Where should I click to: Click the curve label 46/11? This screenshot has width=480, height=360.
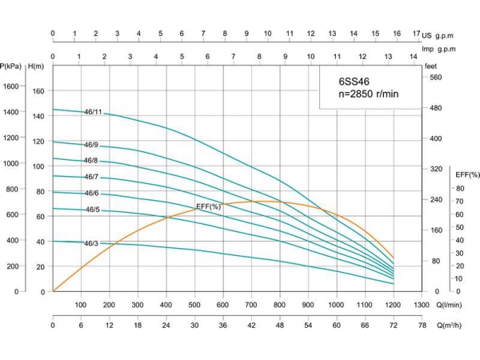coord(93,112)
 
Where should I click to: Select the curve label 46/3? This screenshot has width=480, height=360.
coord(91,243)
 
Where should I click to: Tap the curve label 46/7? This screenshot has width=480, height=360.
coord(91,177)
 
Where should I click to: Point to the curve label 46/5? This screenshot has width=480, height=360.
coord(93,210)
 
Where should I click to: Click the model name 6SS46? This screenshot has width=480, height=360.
coord(354,81)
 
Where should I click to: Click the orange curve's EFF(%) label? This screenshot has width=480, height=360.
coord(208,207)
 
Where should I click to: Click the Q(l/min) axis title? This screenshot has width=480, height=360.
coord(450,305)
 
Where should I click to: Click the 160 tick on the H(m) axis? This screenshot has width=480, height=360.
coord(38,90)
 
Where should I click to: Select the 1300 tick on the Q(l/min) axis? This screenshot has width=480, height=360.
coord(422,305)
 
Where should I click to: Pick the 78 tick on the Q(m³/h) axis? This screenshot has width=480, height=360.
coord(422,326)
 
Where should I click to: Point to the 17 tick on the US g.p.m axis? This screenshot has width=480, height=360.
coord(417,34)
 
